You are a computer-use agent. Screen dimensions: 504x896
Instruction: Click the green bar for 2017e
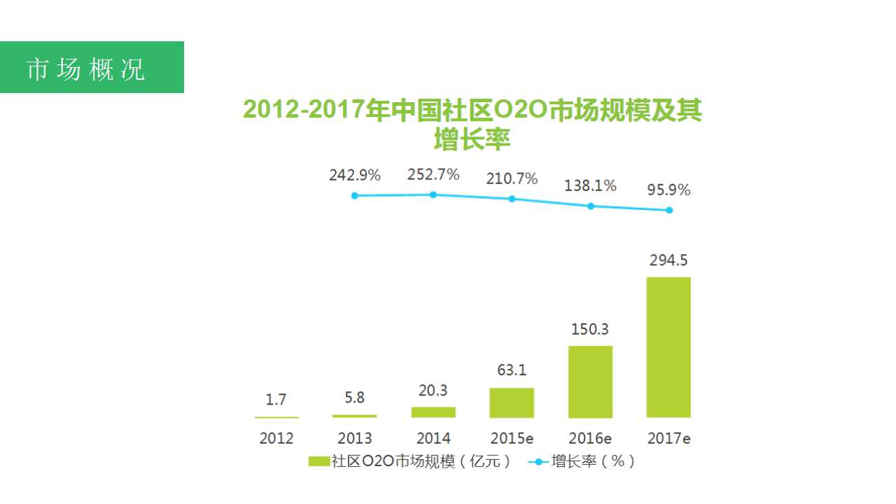[x=668, y=347]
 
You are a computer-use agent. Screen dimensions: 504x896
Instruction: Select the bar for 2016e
[x=590, y=381]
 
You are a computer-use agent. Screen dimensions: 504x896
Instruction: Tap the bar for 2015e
[x=512, y=402]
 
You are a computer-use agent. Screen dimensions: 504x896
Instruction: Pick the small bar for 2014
[x=433, y=412]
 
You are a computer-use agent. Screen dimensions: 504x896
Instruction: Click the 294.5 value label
[x=668, y=260]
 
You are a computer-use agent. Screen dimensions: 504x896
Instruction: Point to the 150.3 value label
[x=590, y=329]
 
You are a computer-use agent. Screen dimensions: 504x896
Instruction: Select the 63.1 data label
[x=512, y=370]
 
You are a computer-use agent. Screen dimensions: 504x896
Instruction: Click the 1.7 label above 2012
[x=276, y=400]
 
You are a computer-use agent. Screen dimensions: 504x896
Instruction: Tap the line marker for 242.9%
[x=355, y=195]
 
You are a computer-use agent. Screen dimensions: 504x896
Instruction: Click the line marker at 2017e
[x=669, y=210]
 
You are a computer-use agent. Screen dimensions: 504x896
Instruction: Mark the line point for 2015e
[x=512, y=199]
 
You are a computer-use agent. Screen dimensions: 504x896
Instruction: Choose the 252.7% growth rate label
[x=433, y=174]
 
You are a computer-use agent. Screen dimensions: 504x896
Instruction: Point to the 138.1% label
[x=590, y=186]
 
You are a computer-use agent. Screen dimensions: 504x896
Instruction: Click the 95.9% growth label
[x=668, y=190]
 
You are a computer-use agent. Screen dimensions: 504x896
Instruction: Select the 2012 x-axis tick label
[x=276, y=439]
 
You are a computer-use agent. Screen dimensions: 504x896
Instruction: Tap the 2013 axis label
[x=355, y=439]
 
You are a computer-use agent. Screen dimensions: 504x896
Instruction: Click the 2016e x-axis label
[x=590, y=439]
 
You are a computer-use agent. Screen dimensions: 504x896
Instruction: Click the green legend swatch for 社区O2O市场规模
[x=319, y=461]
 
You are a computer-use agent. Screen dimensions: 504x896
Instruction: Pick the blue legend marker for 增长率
[x=538, y=461]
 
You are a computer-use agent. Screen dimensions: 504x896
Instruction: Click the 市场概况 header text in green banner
[x=86, y=69]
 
